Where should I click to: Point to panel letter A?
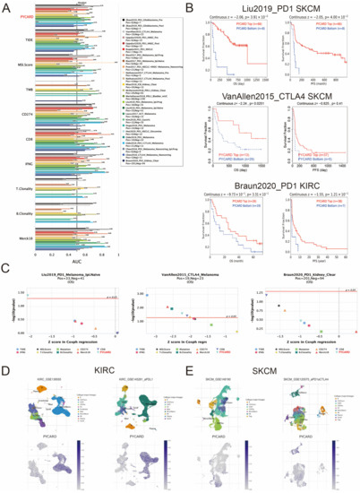tap(5, 6)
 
